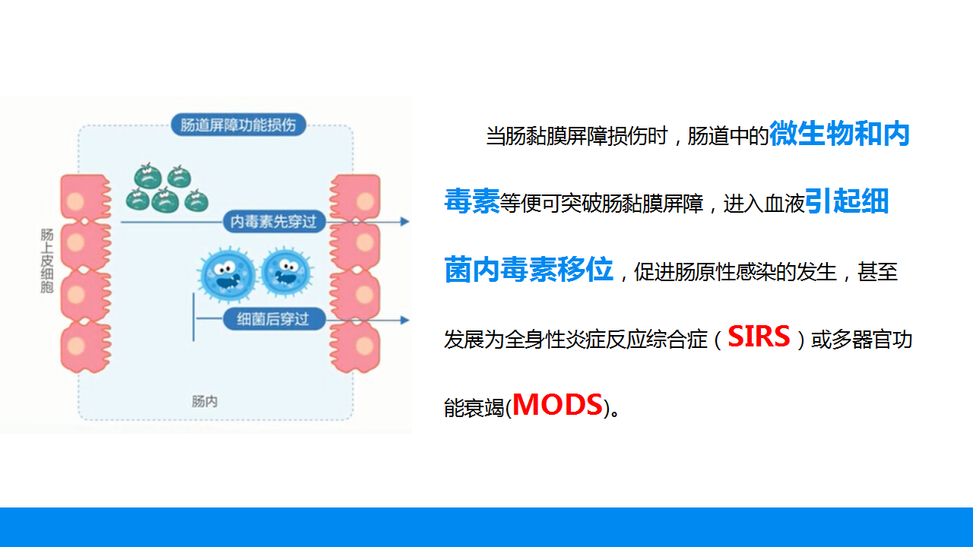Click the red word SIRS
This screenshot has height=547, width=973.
pos(759,337)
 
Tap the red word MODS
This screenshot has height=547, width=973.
pos(557,404)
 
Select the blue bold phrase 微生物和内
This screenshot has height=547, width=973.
pos(839,134)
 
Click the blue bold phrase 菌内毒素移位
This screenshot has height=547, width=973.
pos(528,270)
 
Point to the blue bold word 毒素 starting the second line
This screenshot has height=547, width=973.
pos(471,202)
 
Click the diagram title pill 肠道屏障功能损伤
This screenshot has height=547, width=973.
pos(238,125)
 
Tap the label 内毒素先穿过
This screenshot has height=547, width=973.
pos(274,222)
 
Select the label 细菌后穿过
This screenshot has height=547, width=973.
pos(273,319)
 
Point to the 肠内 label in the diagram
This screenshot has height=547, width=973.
pos(204,400)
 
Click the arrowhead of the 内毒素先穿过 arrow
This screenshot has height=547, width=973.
pos(405,222)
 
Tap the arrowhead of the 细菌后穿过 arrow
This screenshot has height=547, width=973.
pos(405,320)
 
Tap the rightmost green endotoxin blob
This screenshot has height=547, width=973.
pos(196,201)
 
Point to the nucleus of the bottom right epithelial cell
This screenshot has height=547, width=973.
pos(366,344)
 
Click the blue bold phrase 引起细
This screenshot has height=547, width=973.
pos(846,202)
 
